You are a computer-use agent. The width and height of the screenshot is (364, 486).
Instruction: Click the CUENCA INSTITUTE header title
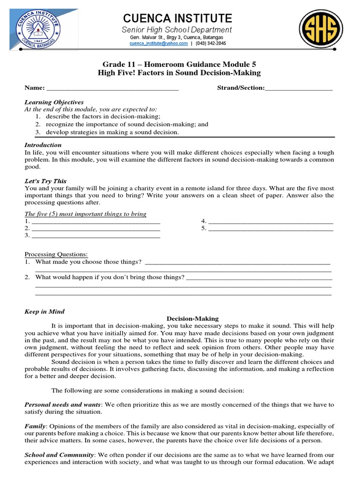[178, 19]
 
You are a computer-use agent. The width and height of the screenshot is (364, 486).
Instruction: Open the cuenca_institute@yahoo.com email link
[159, 43]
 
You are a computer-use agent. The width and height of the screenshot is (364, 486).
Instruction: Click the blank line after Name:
[112, 88]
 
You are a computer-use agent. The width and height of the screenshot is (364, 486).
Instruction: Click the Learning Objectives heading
[54, 102]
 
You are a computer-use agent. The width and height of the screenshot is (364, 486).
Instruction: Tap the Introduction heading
[43, 145]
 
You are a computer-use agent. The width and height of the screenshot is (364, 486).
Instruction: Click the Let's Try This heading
[45, 181]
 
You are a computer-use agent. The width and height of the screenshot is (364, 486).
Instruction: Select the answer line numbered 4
[271, 221]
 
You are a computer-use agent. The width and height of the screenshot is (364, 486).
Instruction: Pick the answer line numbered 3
[95, 235]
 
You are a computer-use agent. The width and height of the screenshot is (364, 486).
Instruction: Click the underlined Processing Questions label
[56, 254]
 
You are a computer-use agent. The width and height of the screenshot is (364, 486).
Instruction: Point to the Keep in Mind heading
[44, 312]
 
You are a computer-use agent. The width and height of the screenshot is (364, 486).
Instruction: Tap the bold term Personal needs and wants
[63, 405]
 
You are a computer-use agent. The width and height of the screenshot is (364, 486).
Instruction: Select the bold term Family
[35, 426]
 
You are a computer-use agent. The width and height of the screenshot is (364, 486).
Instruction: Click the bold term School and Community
[59, 455]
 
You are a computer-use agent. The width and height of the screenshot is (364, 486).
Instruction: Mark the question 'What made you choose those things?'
[89, 262]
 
